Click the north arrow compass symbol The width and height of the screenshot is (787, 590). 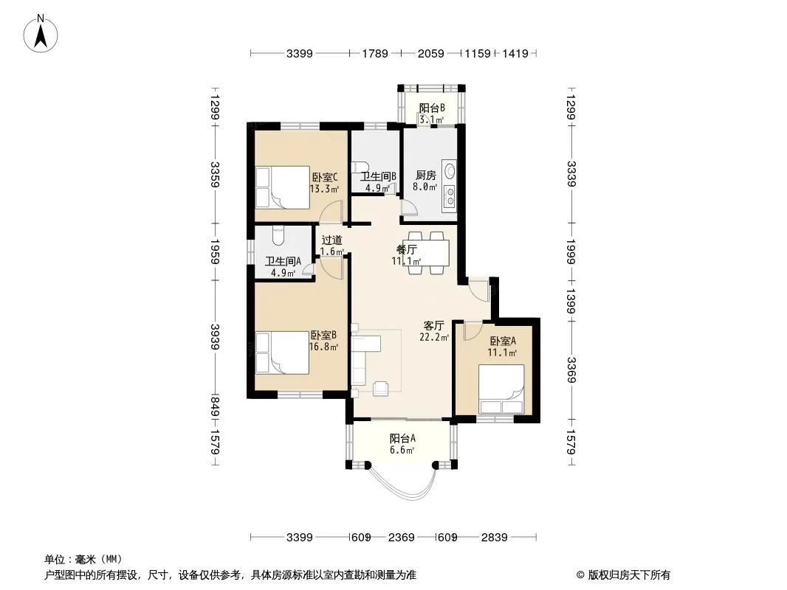pos(41,33)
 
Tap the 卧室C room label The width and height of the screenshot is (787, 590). pos(324,177)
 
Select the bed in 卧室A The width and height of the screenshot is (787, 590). pos(501,389)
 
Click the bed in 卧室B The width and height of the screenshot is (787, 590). pos(282,353)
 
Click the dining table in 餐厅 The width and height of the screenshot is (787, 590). pos(426,253)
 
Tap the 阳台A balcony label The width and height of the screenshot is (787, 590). pos(402,438)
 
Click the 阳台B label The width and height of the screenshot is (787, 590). pos(432,108)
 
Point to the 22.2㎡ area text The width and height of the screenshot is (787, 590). pos(433,337)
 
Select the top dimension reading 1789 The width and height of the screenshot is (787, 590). pos(376,53)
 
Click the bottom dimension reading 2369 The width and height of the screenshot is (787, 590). pos(402,538)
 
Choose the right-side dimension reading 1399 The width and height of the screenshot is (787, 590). pos(571,301)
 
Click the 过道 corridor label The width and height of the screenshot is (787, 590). pos(331,240)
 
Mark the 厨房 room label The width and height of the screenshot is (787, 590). pos(426,176)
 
